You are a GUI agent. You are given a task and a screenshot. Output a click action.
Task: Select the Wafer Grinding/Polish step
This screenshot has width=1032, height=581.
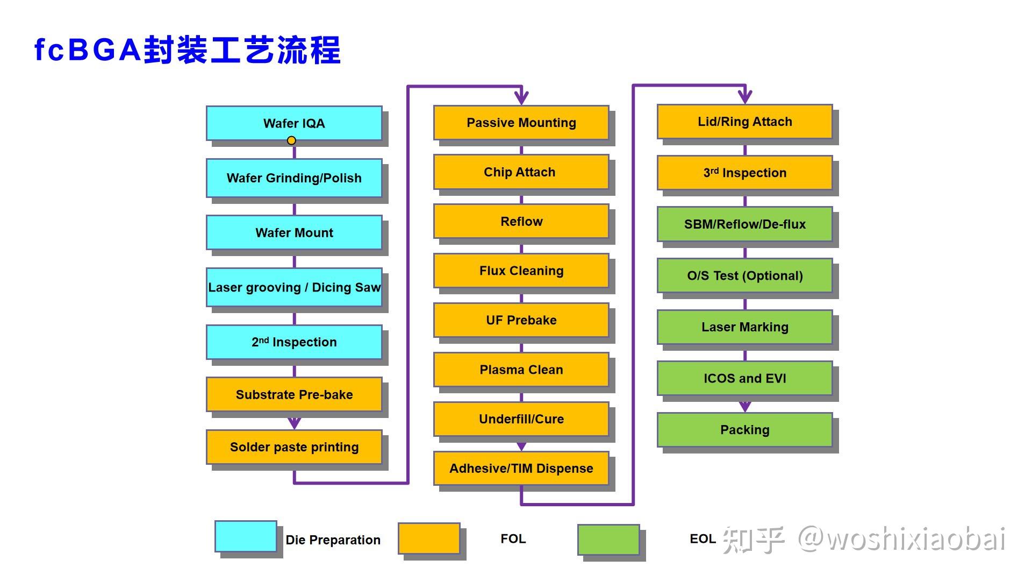pos(294,178)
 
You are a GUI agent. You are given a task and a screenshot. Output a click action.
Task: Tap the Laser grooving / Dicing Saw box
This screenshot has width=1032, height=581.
pos(294,287)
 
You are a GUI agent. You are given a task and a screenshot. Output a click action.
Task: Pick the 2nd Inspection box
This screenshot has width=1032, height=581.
pos(294,342)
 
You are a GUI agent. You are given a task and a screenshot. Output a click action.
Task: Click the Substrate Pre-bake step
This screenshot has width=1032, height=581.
pos(294,394)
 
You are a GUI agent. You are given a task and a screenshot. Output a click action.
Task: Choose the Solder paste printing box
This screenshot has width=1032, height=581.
pos(294,447)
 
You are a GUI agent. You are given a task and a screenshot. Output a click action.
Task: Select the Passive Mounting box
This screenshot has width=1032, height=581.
pos(521,123)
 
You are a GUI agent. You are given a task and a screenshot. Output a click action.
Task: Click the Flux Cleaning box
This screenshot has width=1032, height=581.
pos(521,271)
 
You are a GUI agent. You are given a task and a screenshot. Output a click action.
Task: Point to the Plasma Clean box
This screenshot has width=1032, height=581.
pos(521,370)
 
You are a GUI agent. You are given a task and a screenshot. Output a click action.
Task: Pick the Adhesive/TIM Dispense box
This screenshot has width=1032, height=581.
pos(521,469)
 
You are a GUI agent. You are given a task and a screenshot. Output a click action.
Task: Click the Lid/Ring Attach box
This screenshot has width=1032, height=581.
pos(744,122)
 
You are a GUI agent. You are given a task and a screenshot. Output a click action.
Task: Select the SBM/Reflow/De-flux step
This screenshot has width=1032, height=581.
pos(744,224)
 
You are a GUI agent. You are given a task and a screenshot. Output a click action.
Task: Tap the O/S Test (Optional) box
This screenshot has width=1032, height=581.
pos(744,275)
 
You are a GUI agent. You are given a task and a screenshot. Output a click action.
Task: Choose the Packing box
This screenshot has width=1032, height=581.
pos(744,430)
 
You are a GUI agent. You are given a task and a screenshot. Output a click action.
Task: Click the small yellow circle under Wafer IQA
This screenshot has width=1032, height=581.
pos(291,140)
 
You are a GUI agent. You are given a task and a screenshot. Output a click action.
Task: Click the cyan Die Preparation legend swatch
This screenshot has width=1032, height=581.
pos(246,536)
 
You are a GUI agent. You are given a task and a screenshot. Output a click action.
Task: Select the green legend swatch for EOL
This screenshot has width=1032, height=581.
pos(608,540)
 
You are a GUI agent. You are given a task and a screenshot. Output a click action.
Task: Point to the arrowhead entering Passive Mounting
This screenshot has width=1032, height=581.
pos(521,98)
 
